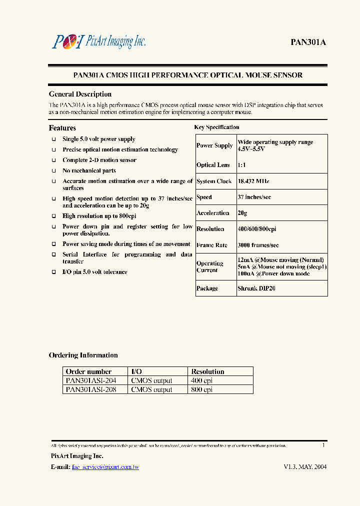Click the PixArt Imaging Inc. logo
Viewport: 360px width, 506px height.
(98, 41)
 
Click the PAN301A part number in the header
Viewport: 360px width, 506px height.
(308, 42)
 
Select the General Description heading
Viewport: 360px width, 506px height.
(80, 94)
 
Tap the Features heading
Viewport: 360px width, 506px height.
(62, 128)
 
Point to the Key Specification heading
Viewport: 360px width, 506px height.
(216, 127)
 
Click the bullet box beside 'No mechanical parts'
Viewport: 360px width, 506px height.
(53, 171)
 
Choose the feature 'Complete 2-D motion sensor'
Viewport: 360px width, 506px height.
(99, 160)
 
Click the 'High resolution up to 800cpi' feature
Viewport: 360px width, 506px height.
(99, 216)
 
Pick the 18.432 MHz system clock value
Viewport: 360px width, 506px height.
(253, 181)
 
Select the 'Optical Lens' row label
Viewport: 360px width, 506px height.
(213, 165)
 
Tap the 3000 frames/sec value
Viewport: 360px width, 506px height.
(258, 245)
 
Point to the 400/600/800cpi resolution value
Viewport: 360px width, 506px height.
(257, 229)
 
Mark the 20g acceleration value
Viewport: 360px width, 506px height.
(242, 213)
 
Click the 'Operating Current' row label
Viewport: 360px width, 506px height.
(210, 266)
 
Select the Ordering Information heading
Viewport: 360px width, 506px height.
(83, 355)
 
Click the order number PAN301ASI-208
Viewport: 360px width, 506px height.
(91, 389)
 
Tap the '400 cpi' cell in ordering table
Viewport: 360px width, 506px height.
(202, 380)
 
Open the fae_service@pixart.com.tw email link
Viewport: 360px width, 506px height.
(105, 467)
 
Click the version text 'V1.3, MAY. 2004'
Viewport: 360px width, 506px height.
(305, 467)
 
